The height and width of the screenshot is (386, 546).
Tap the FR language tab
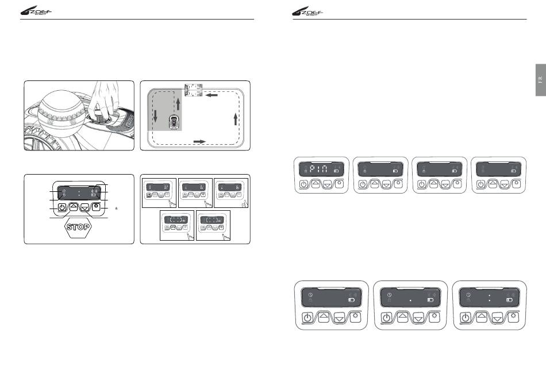pos(540,79)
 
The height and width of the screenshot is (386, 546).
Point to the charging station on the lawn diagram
pos(193,90)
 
